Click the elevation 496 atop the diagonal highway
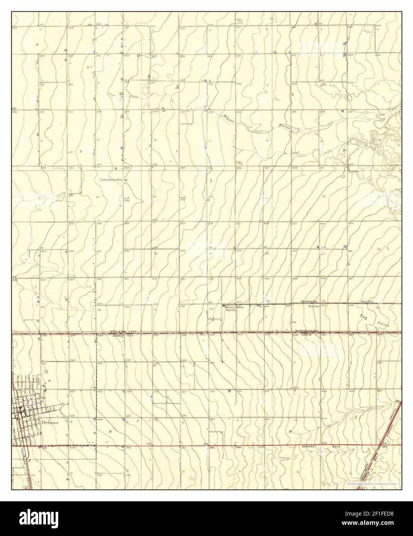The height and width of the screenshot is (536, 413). click(397, 401)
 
